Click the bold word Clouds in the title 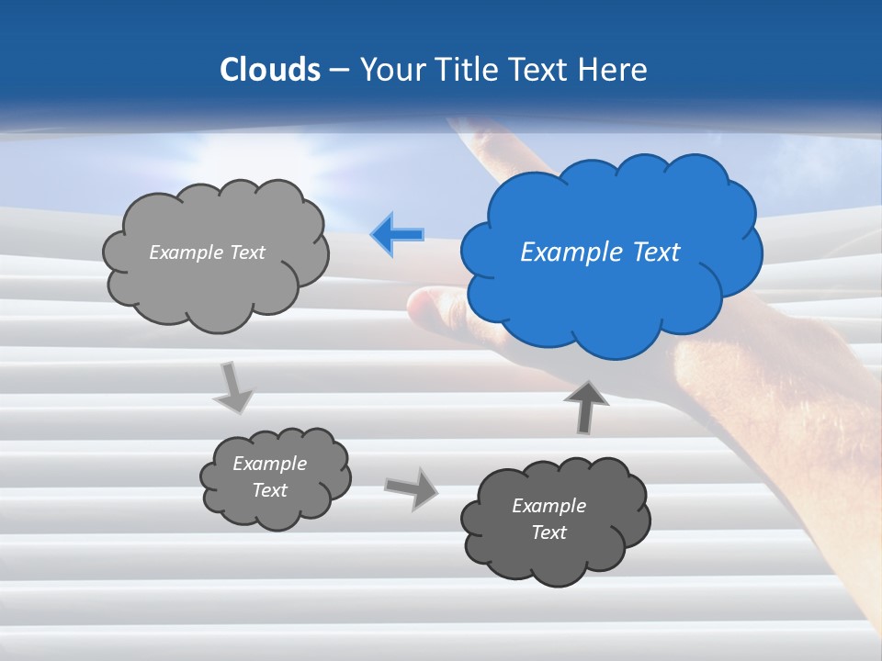tap(269, 70)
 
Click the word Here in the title tap(615, 70)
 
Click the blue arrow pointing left tap(398, 235)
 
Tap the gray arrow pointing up tap(585, 406)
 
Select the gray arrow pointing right tap(411, 487)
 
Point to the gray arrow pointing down tap(232, 388)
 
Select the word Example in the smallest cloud tap(269, 464)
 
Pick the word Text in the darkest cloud tap(548, 532)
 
